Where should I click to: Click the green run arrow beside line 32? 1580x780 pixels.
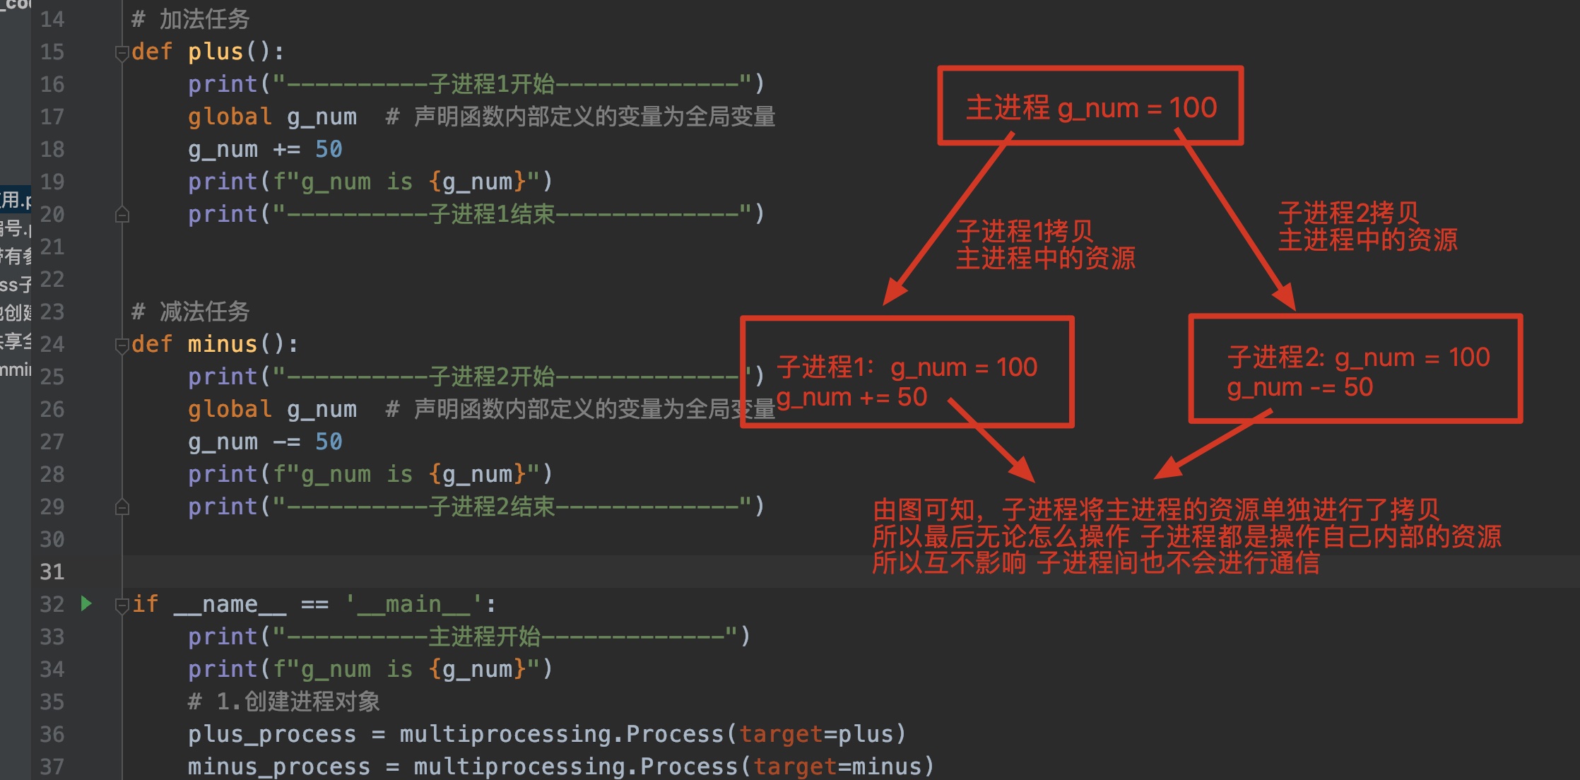pyautogui.click(x=86, y=603)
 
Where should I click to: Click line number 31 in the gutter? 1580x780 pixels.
pyautogui.click(x=52, y=572)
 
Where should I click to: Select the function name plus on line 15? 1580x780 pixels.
pyautogui.click(x=216, y=52)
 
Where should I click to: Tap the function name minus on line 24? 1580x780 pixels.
pyautogui.click(x=223, y=344)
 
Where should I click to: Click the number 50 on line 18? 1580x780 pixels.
pyautogui.click(x=329, y=149)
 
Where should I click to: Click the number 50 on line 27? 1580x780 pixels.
pyautogui.click(x=329, y=442)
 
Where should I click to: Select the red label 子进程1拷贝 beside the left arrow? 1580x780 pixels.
pyautogui.click(x=1025, y=231)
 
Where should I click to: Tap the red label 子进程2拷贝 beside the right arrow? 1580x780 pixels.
pyautogui.click(x=1348, y=213)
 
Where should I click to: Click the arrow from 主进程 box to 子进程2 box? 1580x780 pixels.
pyautogui.click(x=1237, y=219)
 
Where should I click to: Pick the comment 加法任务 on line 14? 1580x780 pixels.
pyautogui.click(x=204, y=19)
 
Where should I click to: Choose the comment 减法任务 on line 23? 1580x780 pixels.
pyautogui.click(x=204, y=312)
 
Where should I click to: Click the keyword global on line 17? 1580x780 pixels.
pyautogui.click(x=230, y=117)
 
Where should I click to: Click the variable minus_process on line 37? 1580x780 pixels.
pyautogui.click(x=279, y=767)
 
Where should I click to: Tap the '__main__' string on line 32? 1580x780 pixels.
pyautogui.click(x=413, y=604)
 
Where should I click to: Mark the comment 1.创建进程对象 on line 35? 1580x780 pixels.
pyautogui.click(x=297, y=702)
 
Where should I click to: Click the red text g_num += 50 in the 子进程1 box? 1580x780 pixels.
pyautogui.click(x=851, y=397)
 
